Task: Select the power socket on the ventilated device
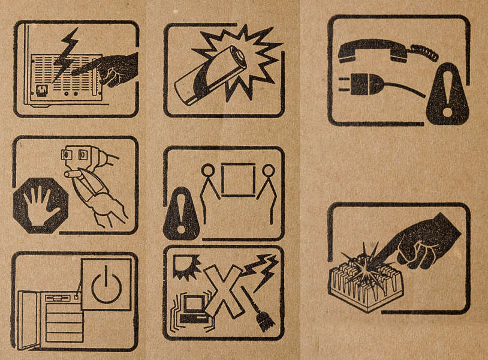tap(41, 92)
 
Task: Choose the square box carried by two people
tap(238, 179)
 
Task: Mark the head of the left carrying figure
tap(207, 170)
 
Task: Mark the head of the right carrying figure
tap(269, 170)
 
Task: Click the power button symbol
tap(106, 284)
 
